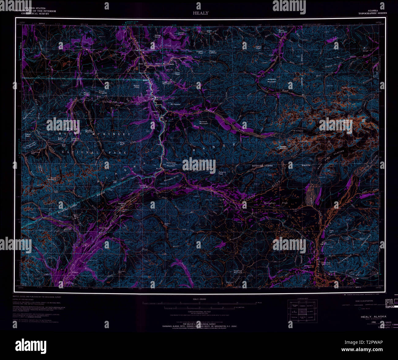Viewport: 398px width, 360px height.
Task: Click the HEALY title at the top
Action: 201,13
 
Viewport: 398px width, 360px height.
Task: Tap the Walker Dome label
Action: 158,36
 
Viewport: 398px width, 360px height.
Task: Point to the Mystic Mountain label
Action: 282,31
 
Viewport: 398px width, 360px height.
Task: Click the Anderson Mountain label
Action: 272,80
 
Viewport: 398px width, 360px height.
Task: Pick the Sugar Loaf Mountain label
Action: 167,83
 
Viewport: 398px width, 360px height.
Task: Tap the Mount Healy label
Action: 137,86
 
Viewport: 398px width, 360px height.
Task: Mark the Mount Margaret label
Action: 102,92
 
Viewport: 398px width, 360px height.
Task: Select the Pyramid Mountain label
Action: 203,122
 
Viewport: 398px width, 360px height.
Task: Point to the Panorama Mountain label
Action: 171,164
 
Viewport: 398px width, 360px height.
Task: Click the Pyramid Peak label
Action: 222,173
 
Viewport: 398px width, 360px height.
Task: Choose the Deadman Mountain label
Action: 238,271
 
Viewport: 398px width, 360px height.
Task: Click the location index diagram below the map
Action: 302,311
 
